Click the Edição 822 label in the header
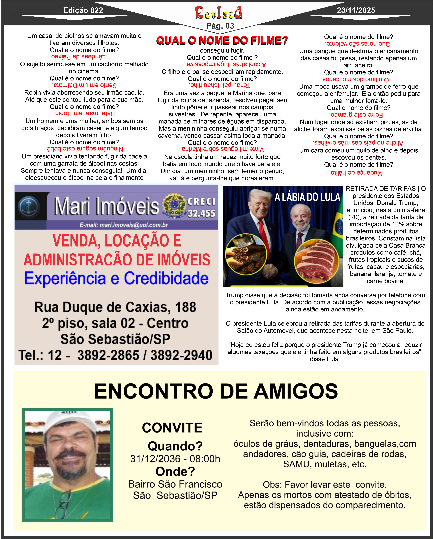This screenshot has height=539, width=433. coord(83,10)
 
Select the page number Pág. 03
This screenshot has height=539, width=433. coord(220,26)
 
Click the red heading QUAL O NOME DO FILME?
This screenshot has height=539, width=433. coord(222,40)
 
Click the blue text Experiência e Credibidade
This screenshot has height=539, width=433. coord(116,278)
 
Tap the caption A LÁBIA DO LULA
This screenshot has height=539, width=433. coord(307,197)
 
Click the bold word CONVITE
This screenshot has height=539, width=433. coord(172,428)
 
